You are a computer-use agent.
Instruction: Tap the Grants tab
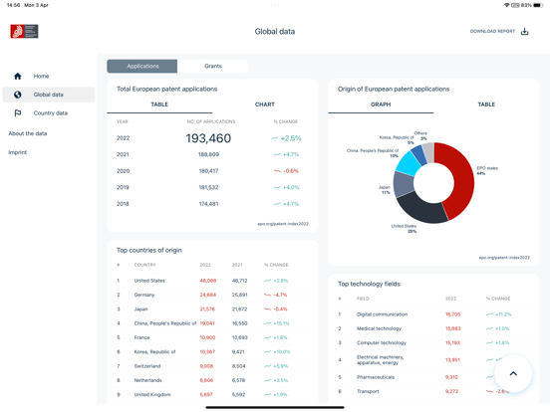click(213, 67)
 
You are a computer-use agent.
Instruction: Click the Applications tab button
click(142, 67)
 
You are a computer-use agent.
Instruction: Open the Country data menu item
click(50, 113)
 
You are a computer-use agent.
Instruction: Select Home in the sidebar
click(41, 76)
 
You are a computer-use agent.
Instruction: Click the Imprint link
click(18, 152)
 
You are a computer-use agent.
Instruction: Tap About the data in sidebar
click(28, 133)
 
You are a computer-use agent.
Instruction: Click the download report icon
click(525, 32)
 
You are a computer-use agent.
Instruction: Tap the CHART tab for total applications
click(264, 104)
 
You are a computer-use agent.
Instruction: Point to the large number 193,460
click(208, 138)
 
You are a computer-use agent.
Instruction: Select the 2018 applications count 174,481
click(208, 204)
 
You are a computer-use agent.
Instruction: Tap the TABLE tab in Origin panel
click(485, 104)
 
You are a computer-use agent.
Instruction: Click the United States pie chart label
click(404, 228)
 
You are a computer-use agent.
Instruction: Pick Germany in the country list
click(144, 295)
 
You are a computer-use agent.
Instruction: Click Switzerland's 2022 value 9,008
click(207, 366)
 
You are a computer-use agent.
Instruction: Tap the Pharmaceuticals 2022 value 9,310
click(452, 377)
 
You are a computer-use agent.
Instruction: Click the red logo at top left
click(24, 32)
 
